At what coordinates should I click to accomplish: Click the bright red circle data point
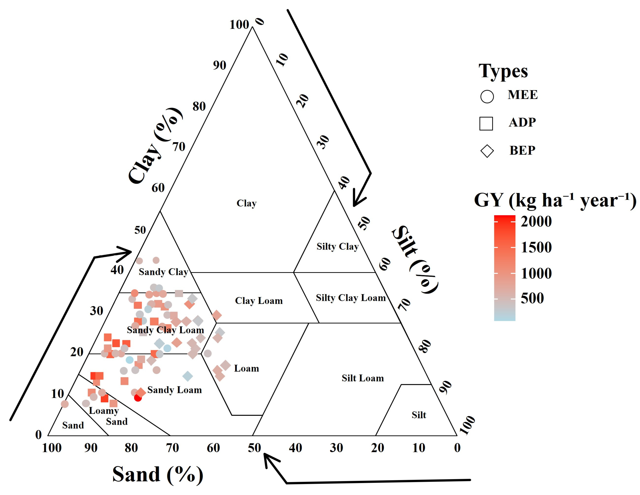138,398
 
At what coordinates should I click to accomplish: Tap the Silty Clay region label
337,246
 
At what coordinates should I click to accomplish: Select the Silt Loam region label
362,378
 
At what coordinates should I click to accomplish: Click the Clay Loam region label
259,301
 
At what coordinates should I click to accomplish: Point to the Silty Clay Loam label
350,298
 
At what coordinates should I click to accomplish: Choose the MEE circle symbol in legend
487,96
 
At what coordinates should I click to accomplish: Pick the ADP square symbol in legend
486,123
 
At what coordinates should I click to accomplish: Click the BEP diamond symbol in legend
487,151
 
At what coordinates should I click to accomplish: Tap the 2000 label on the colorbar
536,222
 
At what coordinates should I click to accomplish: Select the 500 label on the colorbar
532,298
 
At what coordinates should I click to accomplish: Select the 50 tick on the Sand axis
254,448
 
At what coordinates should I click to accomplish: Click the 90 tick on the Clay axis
220,65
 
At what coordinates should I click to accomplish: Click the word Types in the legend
503,71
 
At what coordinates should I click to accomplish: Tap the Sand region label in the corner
73,425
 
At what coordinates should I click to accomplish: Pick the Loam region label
246,368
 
